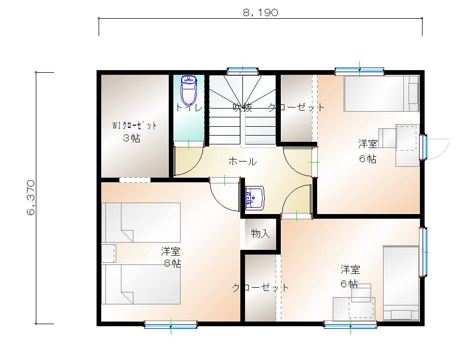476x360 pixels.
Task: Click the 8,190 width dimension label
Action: (261, 13)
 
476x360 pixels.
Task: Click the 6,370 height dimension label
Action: (30, 197)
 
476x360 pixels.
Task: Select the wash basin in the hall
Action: (254, 198)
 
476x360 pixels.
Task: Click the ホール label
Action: (242, 162)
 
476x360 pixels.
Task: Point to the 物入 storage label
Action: (261, 233)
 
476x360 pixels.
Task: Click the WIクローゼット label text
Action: (134, 126)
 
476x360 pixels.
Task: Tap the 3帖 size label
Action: (131, 138)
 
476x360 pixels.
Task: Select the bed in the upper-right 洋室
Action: (382, 94)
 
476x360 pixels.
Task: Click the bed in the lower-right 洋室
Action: (401, 283)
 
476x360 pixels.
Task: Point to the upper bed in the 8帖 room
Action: (141, 222)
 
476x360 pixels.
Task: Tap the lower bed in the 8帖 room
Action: (141, 284)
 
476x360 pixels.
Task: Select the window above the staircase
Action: (242, 71)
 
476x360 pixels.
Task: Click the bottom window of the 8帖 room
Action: (171, 325)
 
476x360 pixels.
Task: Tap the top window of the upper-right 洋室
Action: (359, 71)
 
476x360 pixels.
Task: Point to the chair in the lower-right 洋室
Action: (362, 293)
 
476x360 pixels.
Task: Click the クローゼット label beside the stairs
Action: (296, 108)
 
